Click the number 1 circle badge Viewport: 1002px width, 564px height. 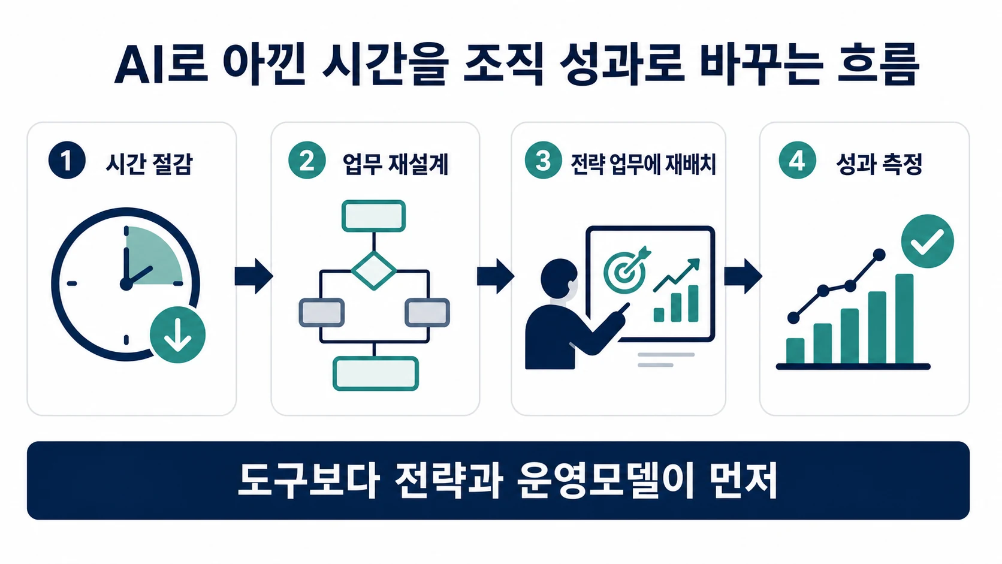point(67,160)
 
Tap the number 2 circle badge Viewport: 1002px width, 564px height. point(307,160)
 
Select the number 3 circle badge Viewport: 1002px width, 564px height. point(543,160)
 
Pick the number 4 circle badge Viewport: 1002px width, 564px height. point(797,160)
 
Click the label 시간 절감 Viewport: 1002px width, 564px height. point(149,164)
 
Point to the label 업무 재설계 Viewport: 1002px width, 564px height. point(396,164)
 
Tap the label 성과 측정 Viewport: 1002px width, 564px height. point(879,164)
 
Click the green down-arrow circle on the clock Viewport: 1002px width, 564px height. point(177,334)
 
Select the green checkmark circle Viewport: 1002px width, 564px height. point(927,241)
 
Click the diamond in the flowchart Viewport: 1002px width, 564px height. point(374,270)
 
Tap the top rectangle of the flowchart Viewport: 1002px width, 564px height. point(373,216)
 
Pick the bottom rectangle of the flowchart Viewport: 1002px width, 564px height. point(376,373)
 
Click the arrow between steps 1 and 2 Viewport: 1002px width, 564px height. point(253,276)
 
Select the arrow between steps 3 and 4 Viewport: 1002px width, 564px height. point(743,276)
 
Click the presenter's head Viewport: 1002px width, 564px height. point(559,278)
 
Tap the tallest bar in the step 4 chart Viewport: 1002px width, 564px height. point(904,319)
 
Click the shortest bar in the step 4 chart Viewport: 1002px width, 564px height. point(795,351)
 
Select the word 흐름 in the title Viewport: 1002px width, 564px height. point(878,64)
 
